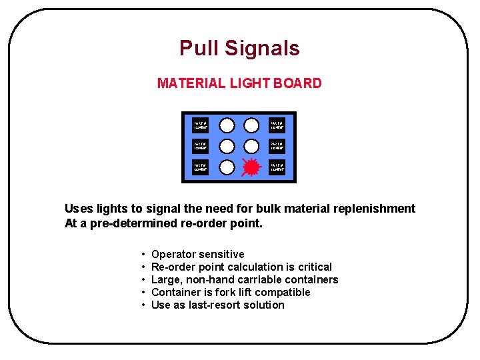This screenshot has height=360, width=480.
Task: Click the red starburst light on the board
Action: [251, 167]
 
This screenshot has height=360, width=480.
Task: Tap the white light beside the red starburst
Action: [227, 167]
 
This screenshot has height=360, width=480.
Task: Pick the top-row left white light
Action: [227, 125]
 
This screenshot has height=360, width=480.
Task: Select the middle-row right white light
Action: [251, 147]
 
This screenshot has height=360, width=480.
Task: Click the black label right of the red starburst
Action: [277, 167]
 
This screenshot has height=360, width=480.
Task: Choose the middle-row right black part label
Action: [277, 147]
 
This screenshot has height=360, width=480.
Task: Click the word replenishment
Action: [373, 209]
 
